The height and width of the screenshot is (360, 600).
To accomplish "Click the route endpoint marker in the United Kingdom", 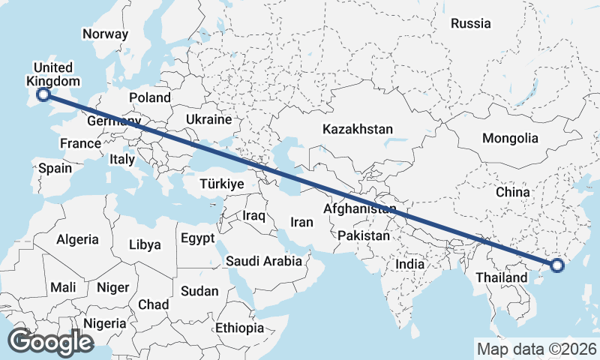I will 43,94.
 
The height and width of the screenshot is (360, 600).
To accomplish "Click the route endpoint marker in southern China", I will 556,265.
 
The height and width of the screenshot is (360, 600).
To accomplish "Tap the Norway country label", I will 106,34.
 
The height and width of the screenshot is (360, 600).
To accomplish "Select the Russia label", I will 470,23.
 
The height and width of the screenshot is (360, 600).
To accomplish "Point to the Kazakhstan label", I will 358,130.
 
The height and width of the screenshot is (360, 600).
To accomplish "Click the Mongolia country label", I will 510,138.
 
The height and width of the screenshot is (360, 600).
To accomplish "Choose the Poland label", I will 150,97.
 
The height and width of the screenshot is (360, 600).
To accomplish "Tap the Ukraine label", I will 208,119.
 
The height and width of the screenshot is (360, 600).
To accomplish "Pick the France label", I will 80,143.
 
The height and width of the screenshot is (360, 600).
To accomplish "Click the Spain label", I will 55,168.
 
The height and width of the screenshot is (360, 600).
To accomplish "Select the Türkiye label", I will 223,184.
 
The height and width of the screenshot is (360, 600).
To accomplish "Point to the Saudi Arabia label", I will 264,261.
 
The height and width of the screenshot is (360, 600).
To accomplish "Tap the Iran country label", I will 301,222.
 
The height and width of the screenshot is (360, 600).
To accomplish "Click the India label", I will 410,264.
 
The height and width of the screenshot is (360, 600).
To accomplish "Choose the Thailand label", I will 502,277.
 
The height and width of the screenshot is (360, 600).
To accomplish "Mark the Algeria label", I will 77,239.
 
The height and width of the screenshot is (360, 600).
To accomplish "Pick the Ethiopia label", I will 239,328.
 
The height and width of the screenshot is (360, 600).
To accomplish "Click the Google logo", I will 50,342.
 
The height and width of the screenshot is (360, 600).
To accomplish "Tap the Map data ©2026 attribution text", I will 537,349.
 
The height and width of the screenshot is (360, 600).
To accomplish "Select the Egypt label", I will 198,238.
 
